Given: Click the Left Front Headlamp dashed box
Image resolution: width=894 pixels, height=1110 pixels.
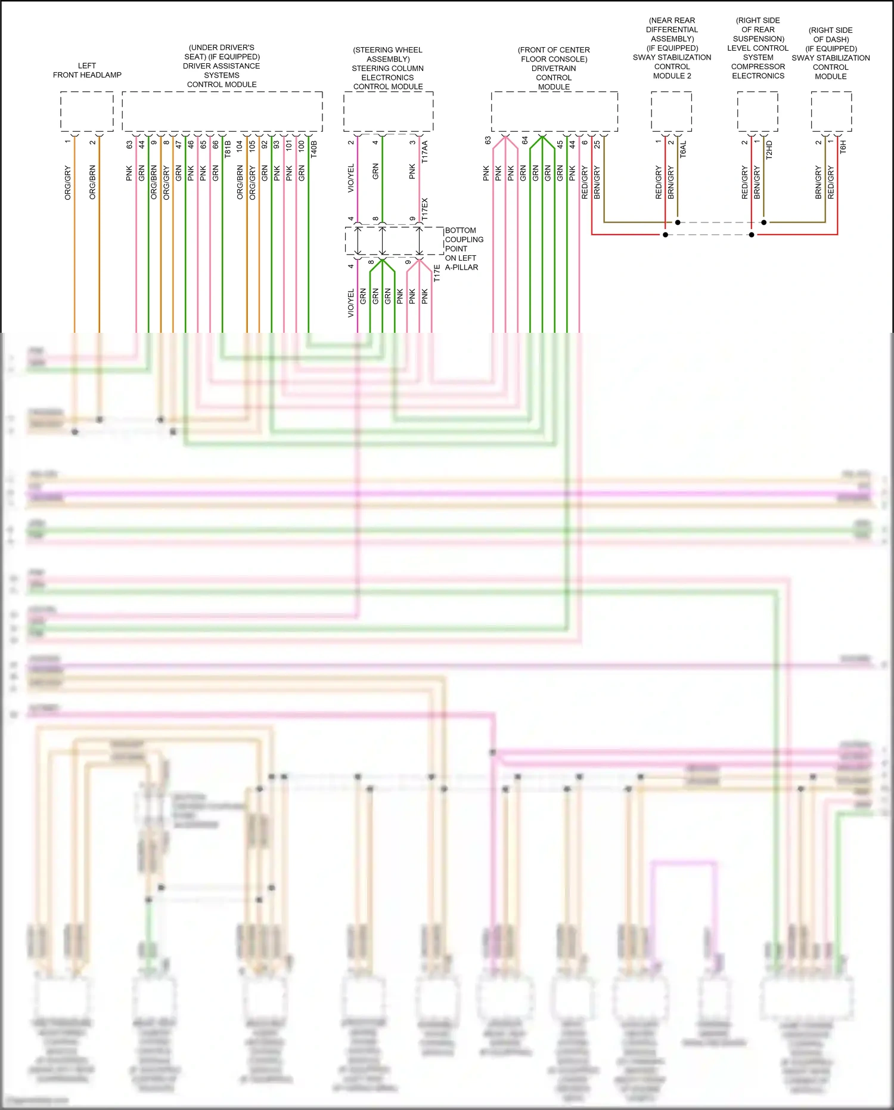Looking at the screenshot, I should click(x=87, y=112).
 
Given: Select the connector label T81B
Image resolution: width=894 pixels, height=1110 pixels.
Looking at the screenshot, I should click(x=228, y=149).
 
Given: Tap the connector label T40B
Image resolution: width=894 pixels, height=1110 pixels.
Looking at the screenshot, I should click(x=314, y=149).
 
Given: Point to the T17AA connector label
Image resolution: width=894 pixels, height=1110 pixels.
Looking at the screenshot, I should click(x=425, y=152).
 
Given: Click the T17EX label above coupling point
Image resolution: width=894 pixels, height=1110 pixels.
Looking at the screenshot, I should click(x=425, y=209).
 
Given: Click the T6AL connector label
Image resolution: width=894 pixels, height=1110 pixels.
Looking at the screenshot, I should click(x=684, y=149).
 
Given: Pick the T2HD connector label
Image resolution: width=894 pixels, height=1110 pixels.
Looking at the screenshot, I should click(x=769, y=150).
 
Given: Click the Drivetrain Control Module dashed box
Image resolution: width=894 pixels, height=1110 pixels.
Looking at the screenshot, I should click(x=554, y=112).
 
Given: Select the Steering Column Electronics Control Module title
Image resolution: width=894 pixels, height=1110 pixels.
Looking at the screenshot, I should click(x=388, y=68).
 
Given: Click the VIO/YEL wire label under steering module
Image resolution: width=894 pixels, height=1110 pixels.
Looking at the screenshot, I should click(x=351, y=178).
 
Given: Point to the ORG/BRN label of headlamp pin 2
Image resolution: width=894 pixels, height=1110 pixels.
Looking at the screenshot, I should click(x=92, y=182).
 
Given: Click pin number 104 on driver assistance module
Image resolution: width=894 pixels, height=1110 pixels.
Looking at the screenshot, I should click(x=240, y=145).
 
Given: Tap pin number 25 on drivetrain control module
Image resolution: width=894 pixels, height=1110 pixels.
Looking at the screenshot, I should click(x=597, y=144).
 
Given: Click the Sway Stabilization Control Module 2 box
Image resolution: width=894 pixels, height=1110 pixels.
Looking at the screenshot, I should click(x=672, y=112).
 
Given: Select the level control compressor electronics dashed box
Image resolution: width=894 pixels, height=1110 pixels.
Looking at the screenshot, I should click(x=758, y=112).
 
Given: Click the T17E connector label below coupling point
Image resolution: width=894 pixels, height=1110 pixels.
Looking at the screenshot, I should click(x=437, y=274).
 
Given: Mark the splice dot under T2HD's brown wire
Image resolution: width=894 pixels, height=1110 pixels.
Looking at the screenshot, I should click(x=764, y=222).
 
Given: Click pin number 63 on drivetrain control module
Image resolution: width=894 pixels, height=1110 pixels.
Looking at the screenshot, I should click(x=488, y=141).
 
